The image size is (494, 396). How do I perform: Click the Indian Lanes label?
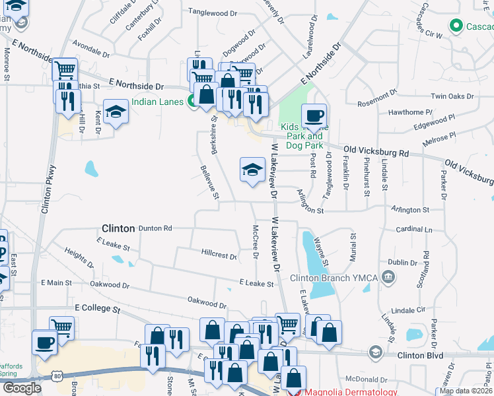[158, 102]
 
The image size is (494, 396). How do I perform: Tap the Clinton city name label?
[118, 228]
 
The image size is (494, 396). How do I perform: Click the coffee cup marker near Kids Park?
[314, 116]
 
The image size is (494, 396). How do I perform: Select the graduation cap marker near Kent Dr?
[116, 112]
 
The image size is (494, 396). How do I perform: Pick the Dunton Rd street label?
[155, 228]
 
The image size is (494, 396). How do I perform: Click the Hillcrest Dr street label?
[219, 255]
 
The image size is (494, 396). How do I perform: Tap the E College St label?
[98, 308]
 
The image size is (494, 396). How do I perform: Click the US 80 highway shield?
[57, 376]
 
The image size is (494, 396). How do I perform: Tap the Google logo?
[22, 387]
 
